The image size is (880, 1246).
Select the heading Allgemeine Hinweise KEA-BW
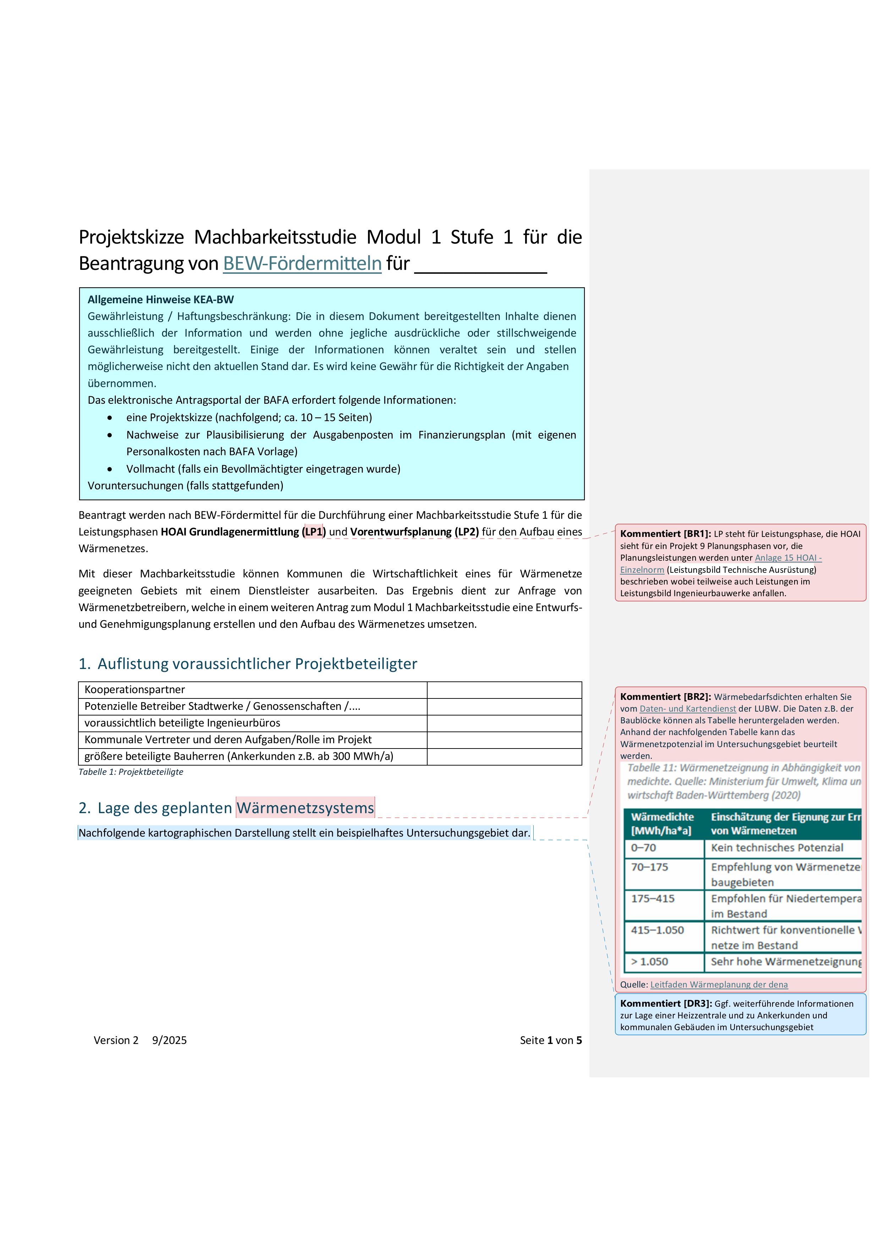(x=160, y=300)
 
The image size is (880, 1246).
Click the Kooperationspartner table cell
(x=134, y=690)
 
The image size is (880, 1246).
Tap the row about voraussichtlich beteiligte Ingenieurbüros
(x=182, y=723)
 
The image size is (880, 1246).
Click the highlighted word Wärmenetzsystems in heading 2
(x=305, y=808)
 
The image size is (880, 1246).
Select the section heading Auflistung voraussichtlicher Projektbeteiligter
(x=257, y=664)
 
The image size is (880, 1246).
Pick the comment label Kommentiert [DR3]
(x=665, y=1003)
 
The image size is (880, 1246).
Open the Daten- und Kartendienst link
(x=688, y=709)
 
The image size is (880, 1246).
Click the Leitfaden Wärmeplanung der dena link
(x=719, y=984)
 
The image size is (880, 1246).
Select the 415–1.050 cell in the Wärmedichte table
(x=657, y=930)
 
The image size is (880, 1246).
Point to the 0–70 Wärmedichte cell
(x=644, y=848)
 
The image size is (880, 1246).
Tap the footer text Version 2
(x=116, y=1040)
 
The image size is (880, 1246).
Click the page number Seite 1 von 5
(x=550, y=1040)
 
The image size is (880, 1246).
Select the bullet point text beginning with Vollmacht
(x=263, y=469)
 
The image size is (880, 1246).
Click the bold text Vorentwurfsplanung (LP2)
(x=414, y=532)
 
